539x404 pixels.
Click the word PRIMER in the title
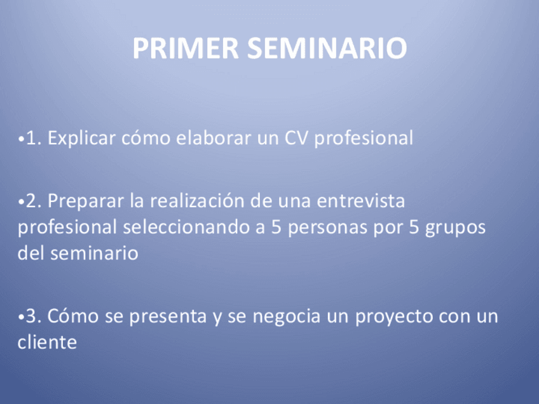(x=186, y=48)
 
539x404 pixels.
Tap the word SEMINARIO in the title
(x=327, y=48)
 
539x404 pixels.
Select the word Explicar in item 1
(x=81, y=138)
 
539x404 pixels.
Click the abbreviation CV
(x=296, y=138)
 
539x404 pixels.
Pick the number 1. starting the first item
(x=34, y=138)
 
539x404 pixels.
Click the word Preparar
(x=85, y=201)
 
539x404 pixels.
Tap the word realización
(x=196, y=201)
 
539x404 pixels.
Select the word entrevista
(x=360, y=201)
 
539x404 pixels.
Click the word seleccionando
(x=186, y=227)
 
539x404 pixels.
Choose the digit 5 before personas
(x=276, y=227)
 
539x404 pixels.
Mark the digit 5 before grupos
(x=414, y=227)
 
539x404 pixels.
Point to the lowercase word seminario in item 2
(x=94, y=253)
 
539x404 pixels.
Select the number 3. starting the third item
(x=34, y=316)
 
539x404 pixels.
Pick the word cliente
(x=47, y=342)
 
